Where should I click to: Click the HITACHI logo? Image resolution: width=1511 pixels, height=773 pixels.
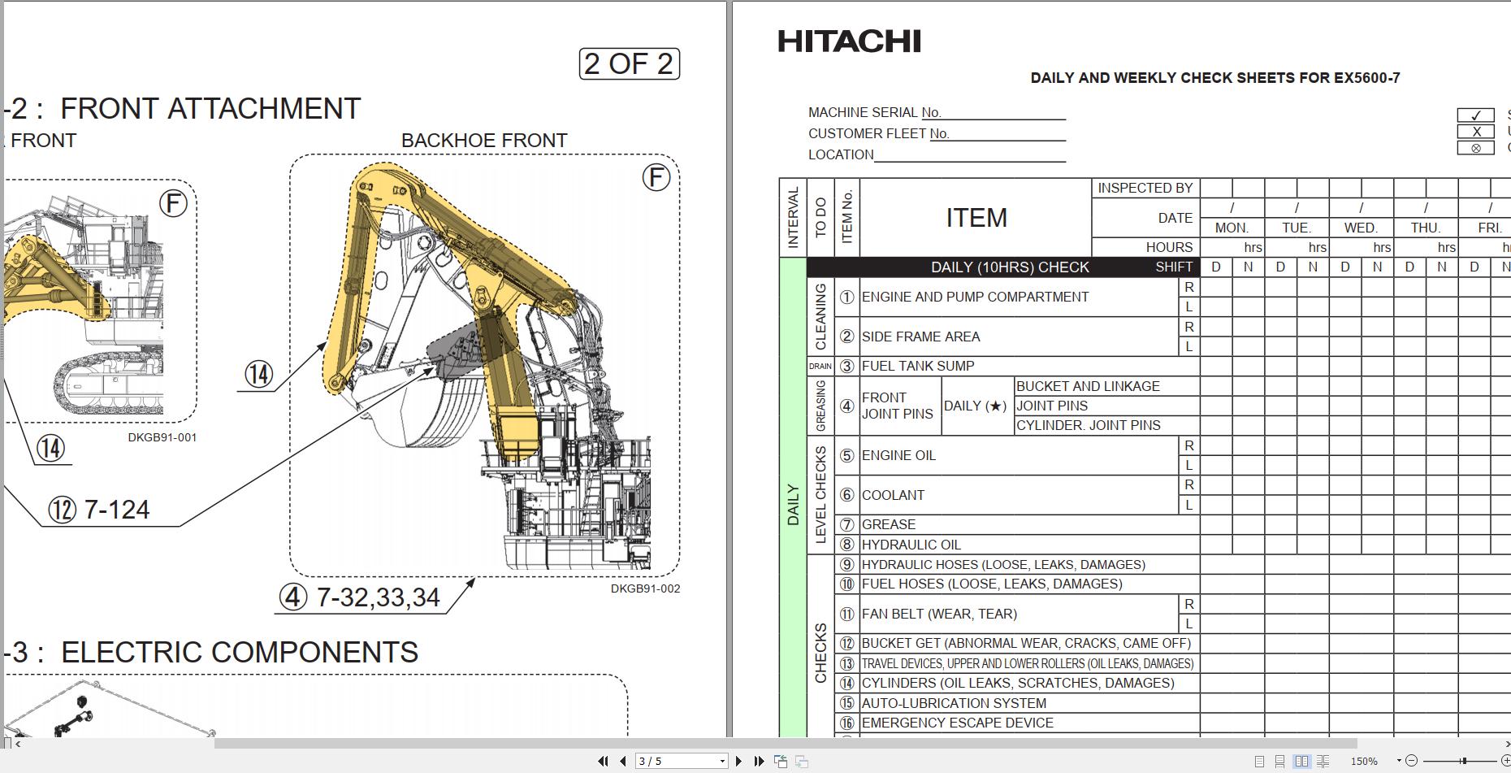pos(849,41)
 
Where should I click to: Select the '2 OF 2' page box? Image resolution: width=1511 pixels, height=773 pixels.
pos(630,63)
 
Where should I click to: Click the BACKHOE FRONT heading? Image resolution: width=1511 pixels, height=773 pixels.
pos(484,141)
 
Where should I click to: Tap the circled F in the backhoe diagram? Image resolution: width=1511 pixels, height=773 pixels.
pos(656,177)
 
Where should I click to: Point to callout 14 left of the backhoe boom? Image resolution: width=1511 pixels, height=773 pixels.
pos(259,375)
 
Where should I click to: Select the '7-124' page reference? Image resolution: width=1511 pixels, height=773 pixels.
pos(117,510)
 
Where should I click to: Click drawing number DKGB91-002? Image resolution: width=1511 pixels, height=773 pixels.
pos(645,588)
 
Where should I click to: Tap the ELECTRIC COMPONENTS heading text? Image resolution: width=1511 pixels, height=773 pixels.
pos(240,652)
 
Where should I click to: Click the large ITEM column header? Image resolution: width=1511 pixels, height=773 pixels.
pos(976,218)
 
